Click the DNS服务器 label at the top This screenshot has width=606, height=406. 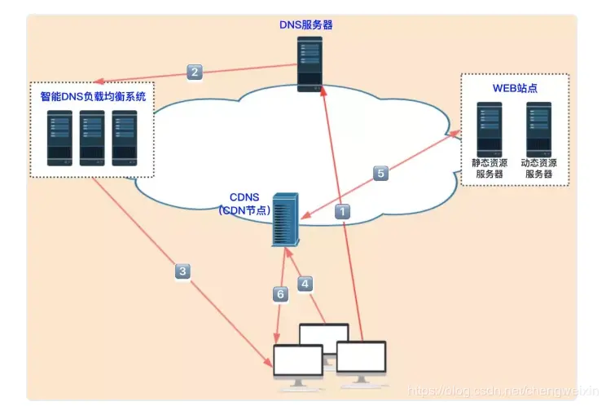coord(305,24)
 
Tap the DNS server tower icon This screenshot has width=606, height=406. coord(310,64)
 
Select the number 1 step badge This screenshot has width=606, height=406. coord(342,211)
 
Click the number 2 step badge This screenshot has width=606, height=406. coord(195,72)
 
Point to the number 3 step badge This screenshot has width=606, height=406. coord(182,271)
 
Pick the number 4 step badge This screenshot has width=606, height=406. coord(305,284)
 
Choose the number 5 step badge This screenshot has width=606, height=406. coord(380,173)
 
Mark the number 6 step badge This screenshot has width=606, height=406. coord(280,294)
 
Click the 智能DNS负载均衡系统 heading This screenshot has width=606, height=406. coord(93,96)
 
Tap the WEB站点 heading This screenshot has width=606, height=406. coord(515,88)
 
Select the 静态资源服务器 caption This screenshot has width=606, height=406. coord(490,168)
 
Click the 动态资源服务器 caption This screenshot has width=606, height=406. coord(538,168)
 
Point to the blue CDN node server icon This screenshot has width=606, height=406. coord(286,219)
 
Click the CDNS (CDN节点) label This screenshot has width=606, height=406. coord(244,204)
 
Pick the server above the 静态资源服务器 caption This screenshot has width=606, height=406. coord(490,129)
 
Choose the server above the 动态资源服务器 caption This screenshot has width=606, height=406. coord(538,129)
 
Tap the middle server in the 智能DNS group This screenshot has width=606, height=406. coord(92,138)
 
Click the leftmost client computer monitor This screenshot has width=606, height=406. coord(298,364)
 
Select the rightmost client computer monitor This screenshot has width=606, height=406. coord(362,362)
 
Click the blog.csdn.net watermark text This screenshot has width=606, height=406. coord(503,391)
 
